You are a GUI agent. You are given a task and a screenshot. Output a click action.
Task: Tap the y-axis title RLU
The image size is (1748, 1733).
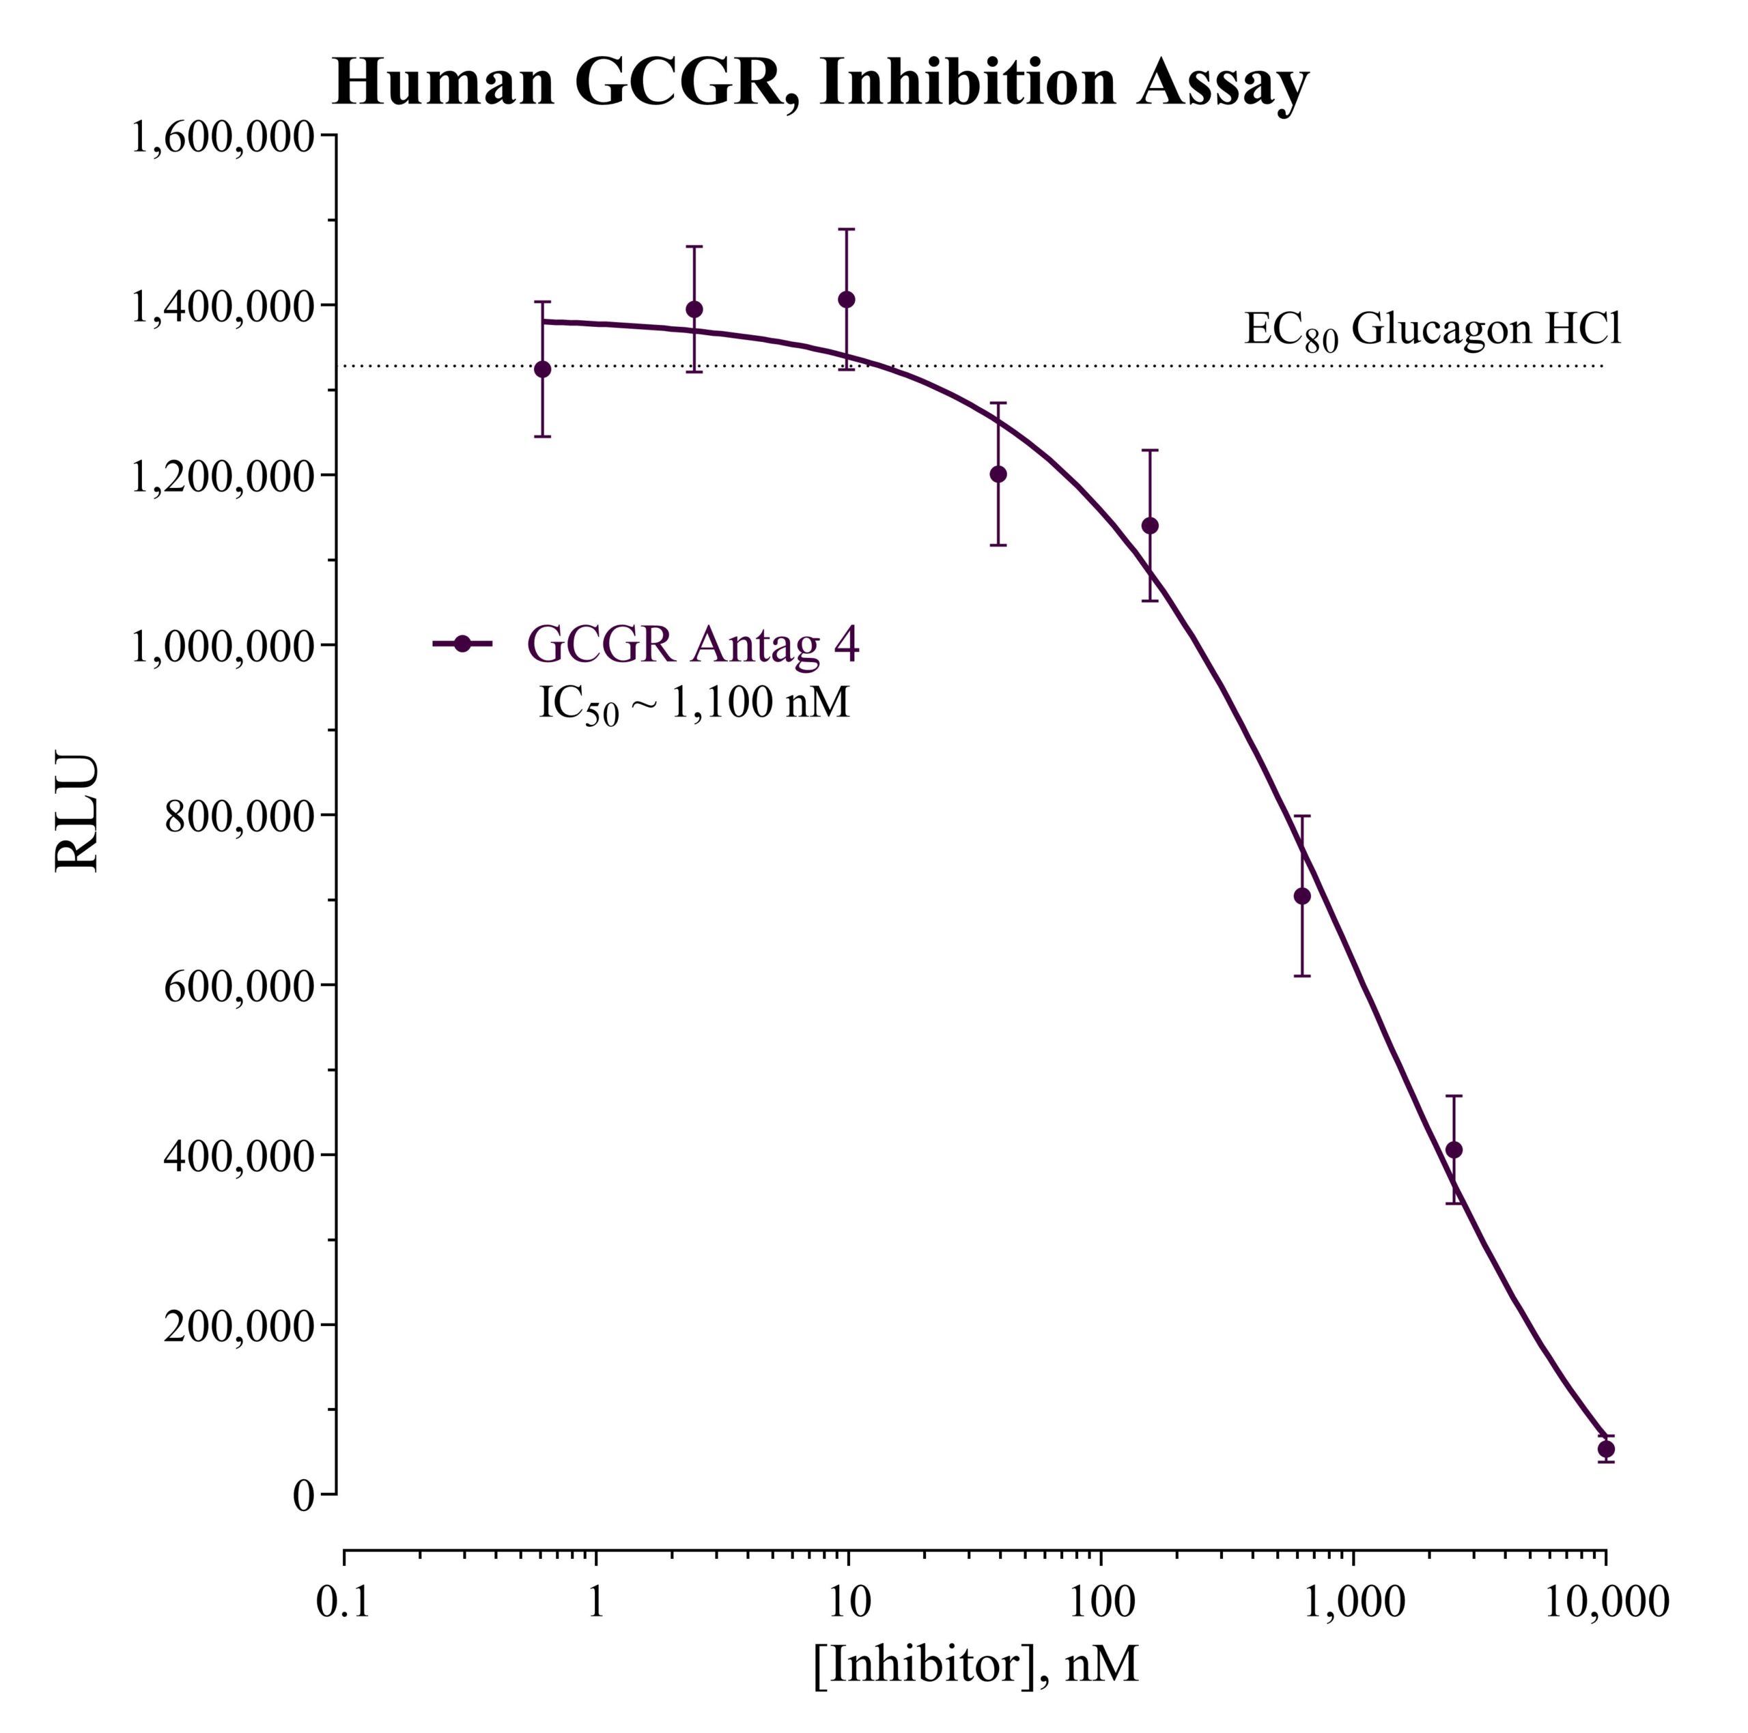[x=76, y=812]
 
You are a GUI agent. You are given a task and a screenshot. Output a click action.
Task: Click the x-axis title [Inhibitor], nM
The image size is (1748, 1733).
[x=974, y=1663]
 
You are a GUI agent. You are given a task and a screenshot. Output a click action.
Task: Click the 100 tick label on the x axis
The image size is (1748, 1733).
[x=1101, y=1601]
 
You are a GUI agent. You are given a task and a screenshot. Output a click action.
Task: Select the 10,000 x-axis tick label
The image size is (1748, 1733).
[x=1605, y=1601]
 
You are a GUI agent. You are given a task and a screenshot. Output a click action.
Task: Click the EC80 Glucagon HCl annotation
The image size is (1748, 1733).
[x=1433, y=330]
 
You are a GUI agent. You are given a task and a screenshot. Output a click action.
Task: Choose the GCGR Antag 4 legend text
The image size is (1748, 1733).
[x=692, y=644]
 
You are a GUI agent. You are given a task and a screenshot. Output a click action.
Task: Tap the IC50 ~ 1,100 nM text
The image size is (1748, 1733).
[x=694, y=703]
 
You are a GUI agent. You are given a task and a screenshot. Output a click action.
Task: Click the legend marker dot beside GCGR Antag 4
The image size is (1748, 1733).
[x=462, y=644]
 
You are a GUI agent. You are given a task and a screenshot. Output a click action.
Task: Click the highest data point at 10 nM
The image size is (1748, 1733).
[x=846, y=300]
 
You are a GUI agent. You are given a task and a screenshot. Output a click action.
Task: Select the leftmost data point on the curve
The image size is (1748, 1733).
[x=542, y=369]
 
